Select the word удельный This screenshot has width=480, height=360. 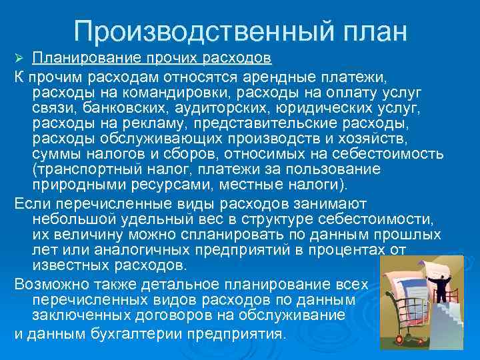pos(166,219)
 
